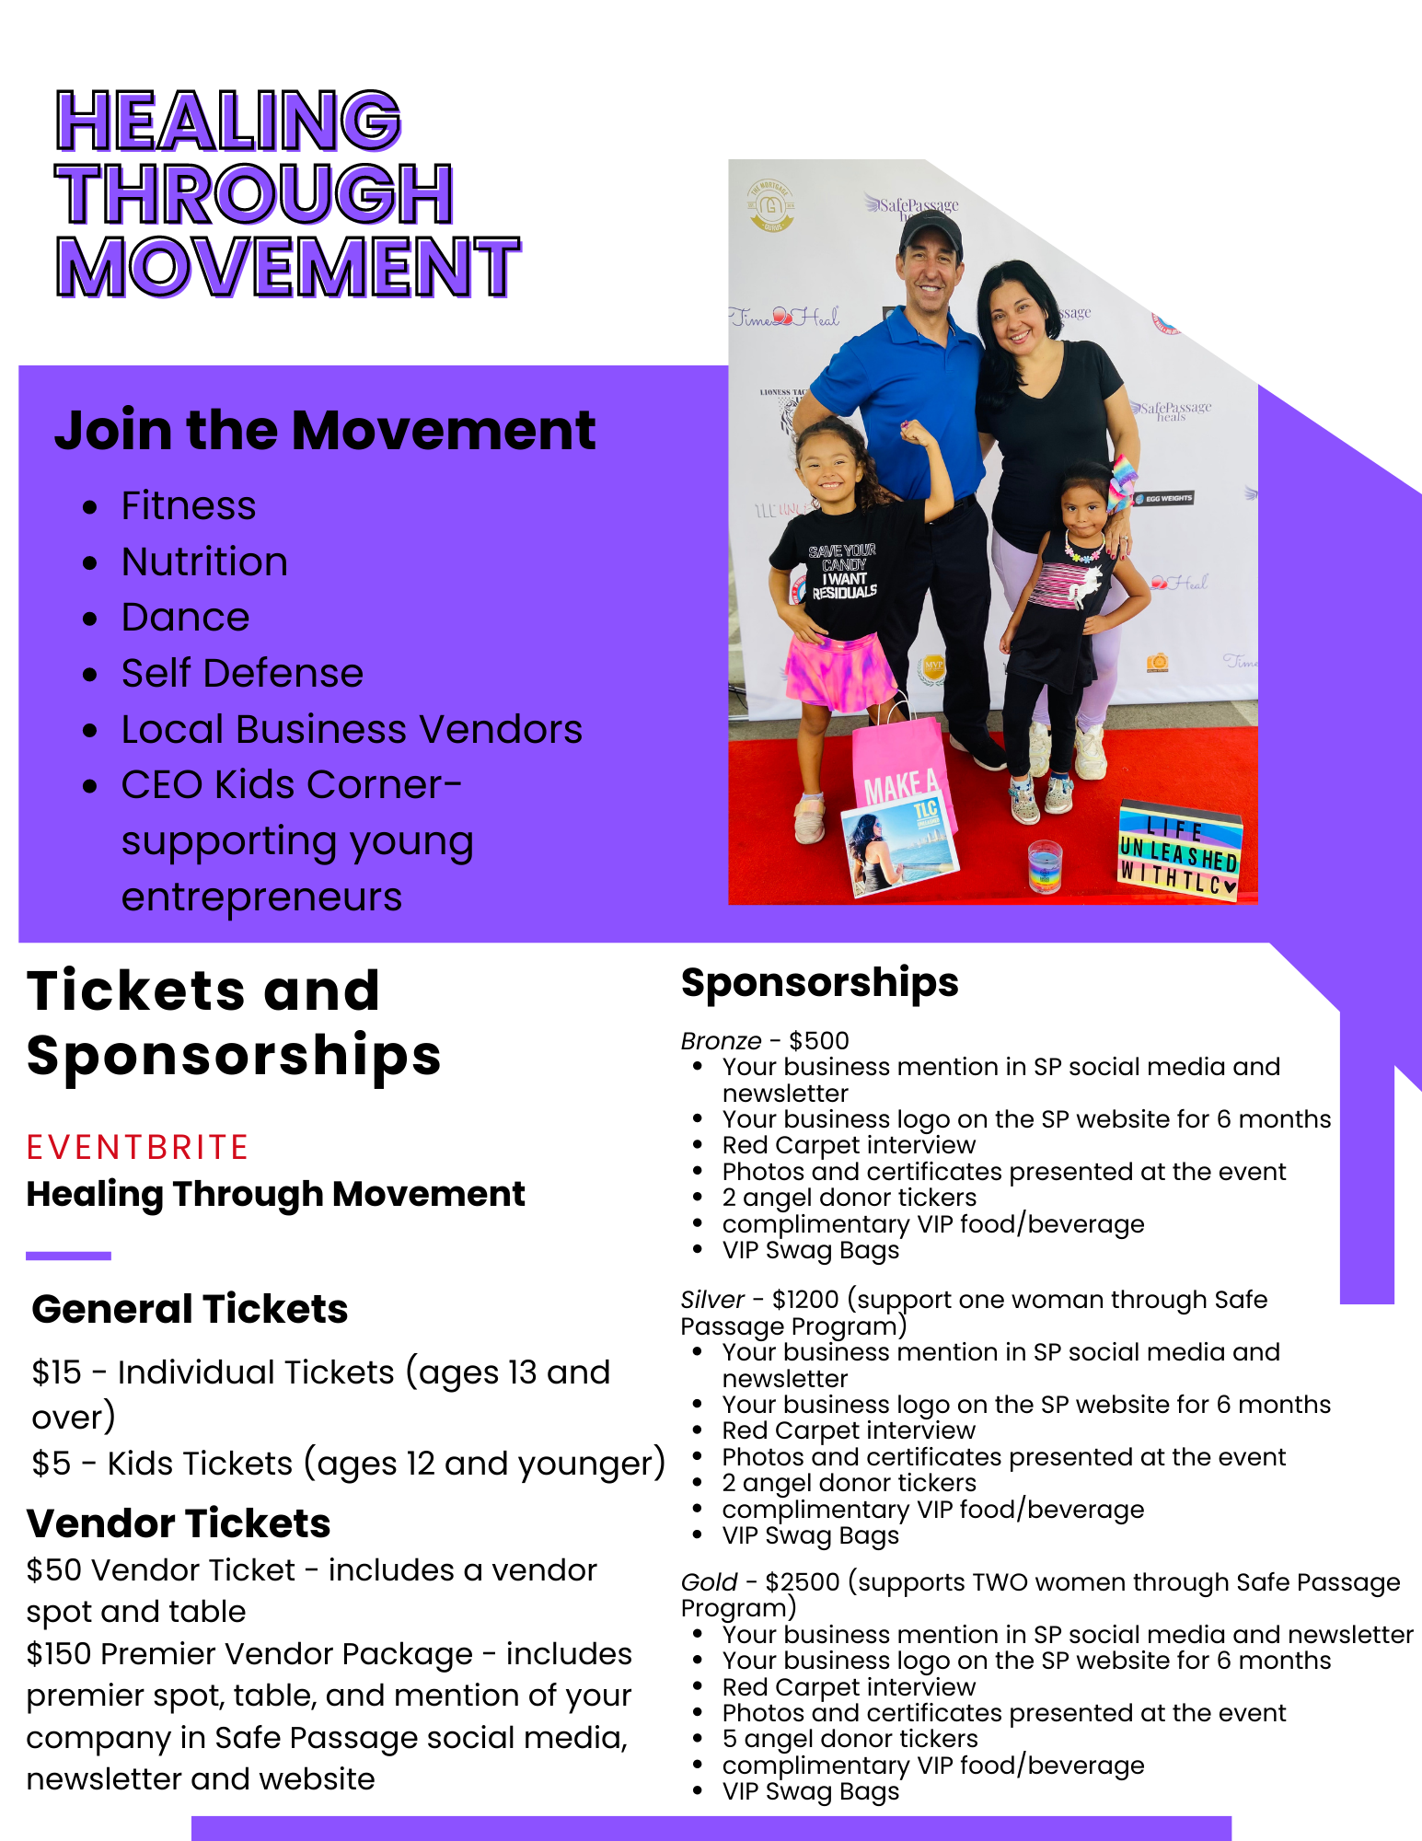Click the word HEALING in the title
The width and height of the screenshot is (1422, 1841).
[x=228, y=121]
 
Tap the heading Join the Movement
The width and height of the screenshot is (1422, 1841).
[x=325, y=430]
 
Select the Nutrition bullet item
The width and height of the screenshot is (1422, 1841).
[x=204, y=562]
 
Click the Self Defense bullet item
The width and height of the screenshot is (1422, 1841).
[x=242, y=673]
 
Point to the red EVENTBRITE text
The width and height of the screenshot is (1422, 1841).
[x=137, y=1147]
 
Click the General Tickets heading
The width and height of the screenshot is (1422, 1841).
[x=190, y=1308]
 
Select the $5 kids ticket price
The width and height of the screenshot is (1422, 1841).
[x=51, y=1464]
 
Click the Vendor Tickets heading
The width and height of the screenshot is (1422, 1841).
[x=179, y=1523]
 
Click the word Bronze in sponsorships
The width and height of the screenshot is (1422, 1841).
[x=721, y=1040]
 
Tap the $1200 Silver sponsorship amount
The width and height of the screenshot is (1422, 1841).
[x=805, y=1300]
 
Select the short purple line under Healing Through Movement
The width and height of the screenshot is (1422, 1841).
[x=69, y=1256]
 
